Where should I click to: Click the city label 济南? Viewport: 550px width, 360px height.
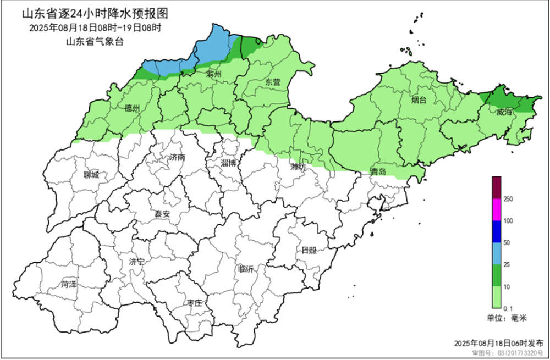pyautogui.click(x=177, y=158)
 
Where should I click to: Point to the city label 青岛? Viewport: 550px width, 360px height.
pyautogui.click(x=377, y=172)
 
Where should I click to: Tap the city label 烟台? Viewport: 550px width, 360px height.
pyautogui.click(x=419, y=101)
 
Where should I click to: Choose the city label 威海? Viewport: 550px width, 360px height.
pyautogui.click(x=504, y=112)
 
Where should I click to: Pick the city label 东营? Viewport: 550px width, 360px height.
pyautogui.click(x=273, y=82)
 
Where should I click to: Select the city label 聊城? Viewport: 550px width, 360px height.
pyautogui.click(x=91, y=175)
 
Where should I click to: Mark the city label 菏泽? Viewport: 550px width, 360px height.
pyautogui.click(x=69, y=285)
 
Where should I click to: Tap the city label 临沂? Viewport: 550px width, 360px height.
pyautogui.click(x=246, y=270)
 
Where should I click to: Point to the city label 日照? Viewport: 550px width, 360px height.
pyautogui.click(x=309, y=250)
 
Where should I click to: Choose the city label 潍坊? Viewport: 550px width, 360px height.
pyautogui.click(x=298, y=167)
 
